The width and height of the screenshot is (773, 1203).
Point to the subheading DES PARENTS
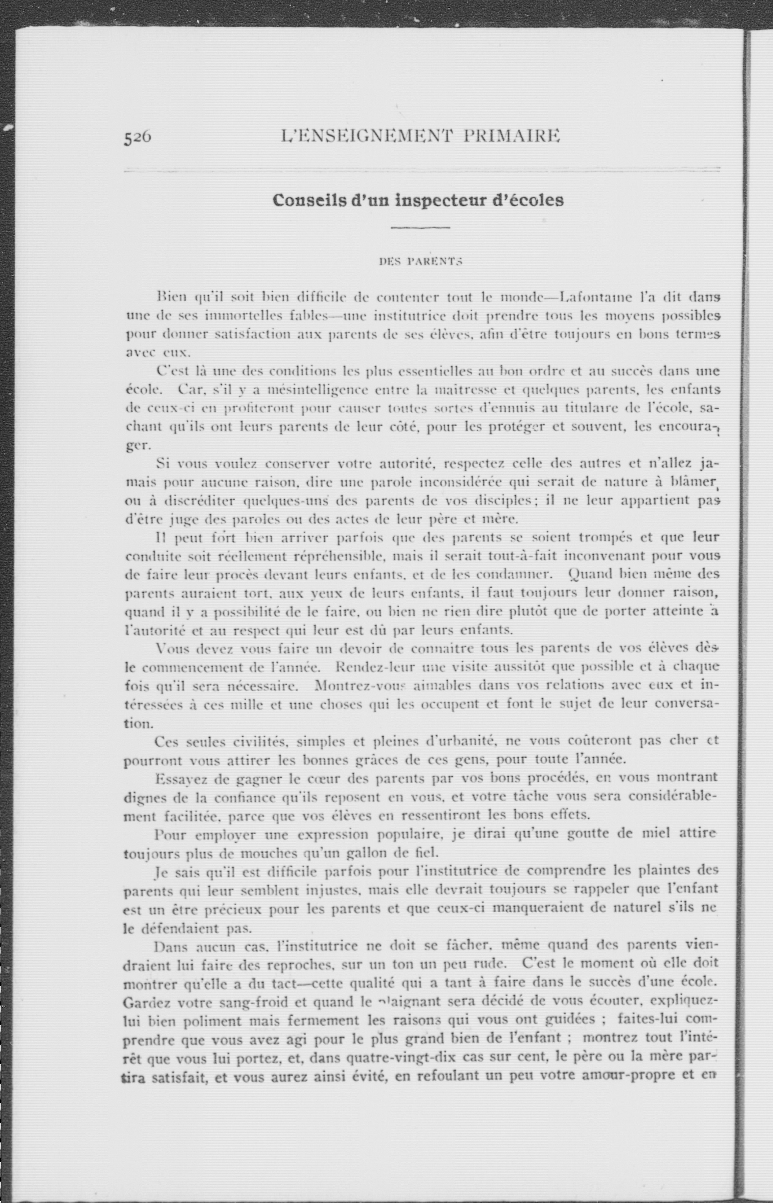coord(420,261)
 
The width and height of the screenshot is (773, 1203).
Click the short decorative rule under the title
coord(420,228)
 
